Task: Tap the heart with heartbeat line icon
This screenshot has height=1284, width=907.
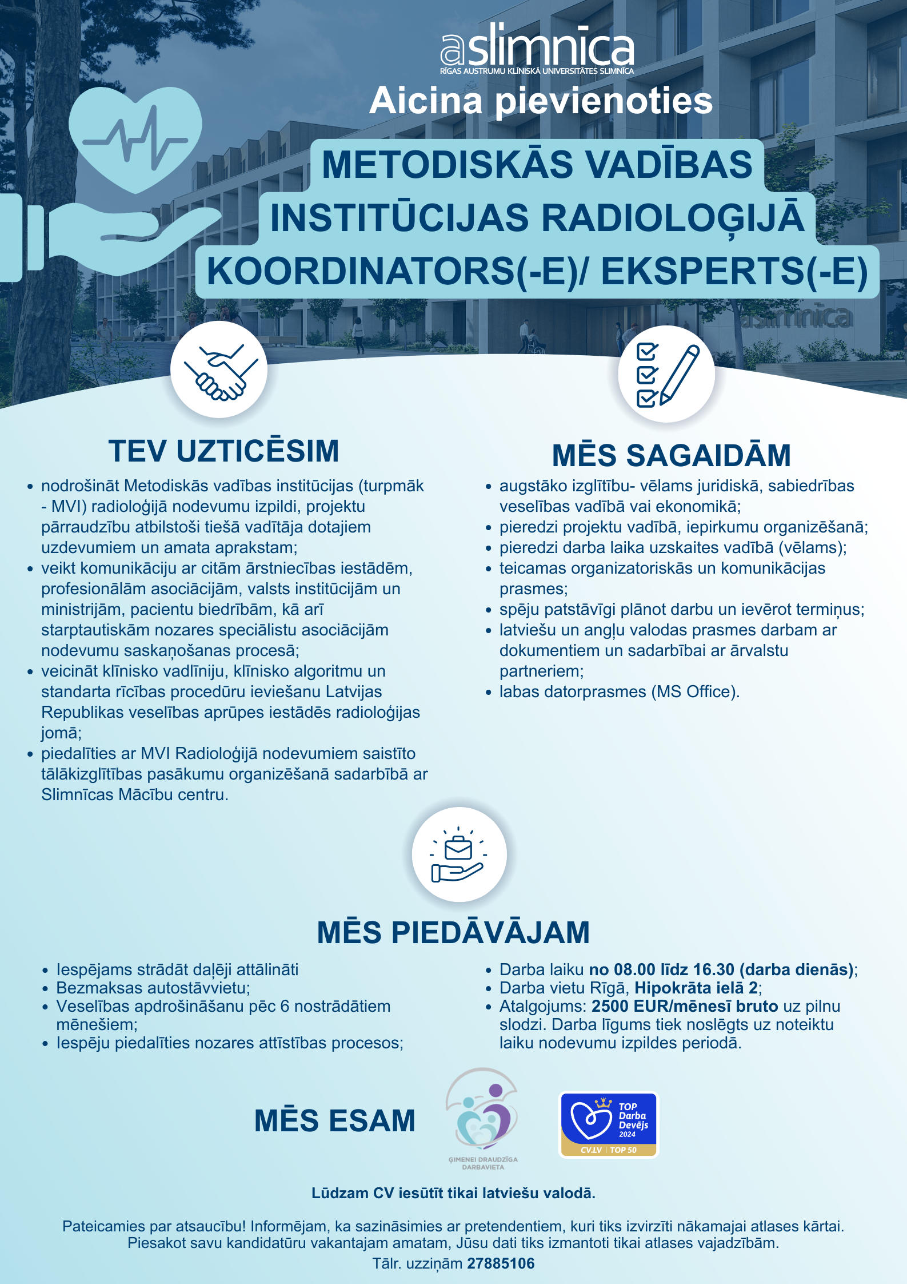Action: pos(136,138)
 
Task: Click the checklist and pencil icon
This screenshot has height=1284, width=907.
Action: pos(666,375)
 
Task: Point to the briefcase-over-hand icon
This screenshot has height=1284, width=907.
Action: pos(458,854)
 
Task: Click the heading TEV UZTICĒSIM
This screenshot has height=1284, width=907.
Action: pos(223,451)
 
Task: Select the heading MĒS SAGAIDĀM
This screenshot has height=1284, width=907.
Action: pos(671,455)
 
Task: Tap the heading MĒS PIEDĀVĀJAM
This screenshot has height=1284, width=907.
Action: pos(453,932)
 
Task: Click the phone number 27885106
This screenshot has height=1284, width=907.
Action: pos(501,1263)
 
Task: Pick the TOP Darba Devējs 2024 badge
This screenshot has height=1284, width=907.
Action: pos(609,1125)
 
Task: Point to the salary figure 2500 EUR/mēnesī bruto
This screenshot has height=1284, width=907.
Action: pos(685,1006)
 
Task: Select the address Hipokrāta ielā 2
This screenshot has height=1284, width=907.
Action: pos(696,988)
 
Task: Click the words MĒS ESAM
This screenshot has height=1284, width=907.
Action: pos(335,1120)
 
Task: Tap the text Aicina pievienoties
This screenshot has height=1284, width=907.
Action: pos(541,101)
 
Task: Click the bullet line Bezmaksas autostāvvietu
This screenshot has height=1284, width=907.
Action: pos(153,988)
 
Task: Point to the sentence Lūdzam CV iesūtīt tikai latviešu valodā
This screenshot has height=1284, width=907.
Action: pos(453,1193)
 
